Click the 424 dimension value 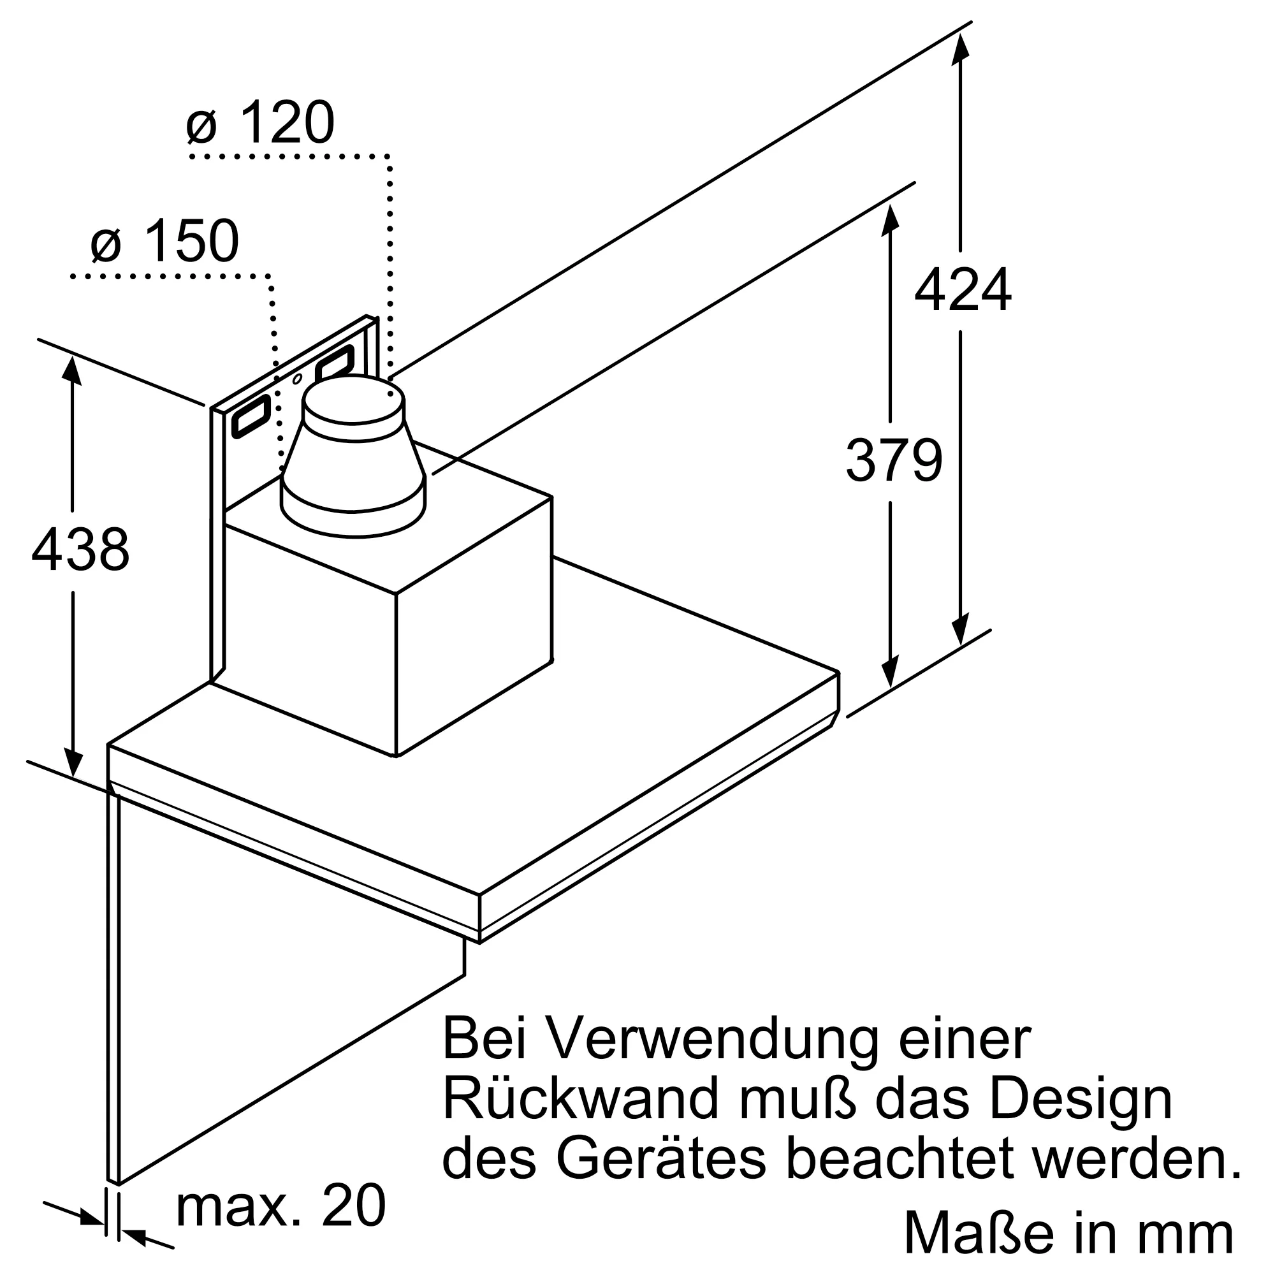(x=962, y=290)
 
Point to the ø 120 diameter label (x=261, y=124)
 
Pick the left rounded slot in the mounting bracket (x=251, y=417)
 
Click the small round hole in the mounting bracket (x=298, y=379)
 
